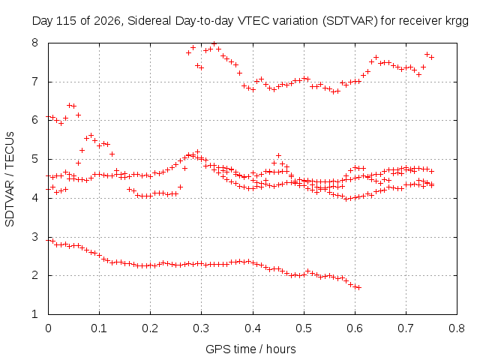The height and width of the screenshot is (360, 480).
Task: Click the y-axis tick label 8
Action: pos(34,43)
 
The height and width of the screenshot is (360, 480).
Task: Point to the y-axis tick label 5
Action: pos(34,159)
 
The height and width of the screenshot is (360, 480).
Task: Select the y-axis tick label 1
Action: pos(34,314)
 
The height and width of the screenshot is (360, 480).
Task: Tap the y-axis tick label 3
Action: pos(34,237)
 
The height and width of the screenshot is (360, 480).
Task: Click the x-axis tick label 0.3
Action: pos(201,328)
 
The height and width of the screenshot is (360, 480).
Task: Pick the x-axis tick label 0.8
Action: pos(457,328)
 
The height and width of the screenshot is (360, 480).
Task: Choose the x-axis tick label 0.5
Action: pos(304,328)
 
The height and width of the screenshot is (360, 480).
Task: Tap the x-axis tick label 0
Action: pos(48,328)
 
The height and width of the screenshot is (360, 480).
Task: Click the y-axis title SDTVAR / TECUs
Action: pos(10,179)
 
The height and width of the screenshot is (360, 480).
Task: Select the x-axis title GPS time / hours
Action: pos(250,349)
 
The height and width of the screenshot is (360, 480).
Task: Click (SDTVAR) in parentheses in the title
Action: pos(350,21)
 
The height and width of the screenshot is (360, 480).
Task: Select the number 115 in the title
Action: pos(67,20)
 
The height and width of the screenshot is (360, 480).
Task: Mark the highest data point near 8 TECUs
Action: pos(214,43)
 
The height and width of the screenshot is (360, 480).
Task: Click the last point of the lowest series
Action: pos(359,287)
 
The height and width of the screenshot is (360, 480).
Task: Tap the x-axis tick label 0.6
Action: pos(355,328)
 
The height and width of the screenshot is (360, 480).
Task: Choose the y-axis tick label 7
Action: pos(34,82)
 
